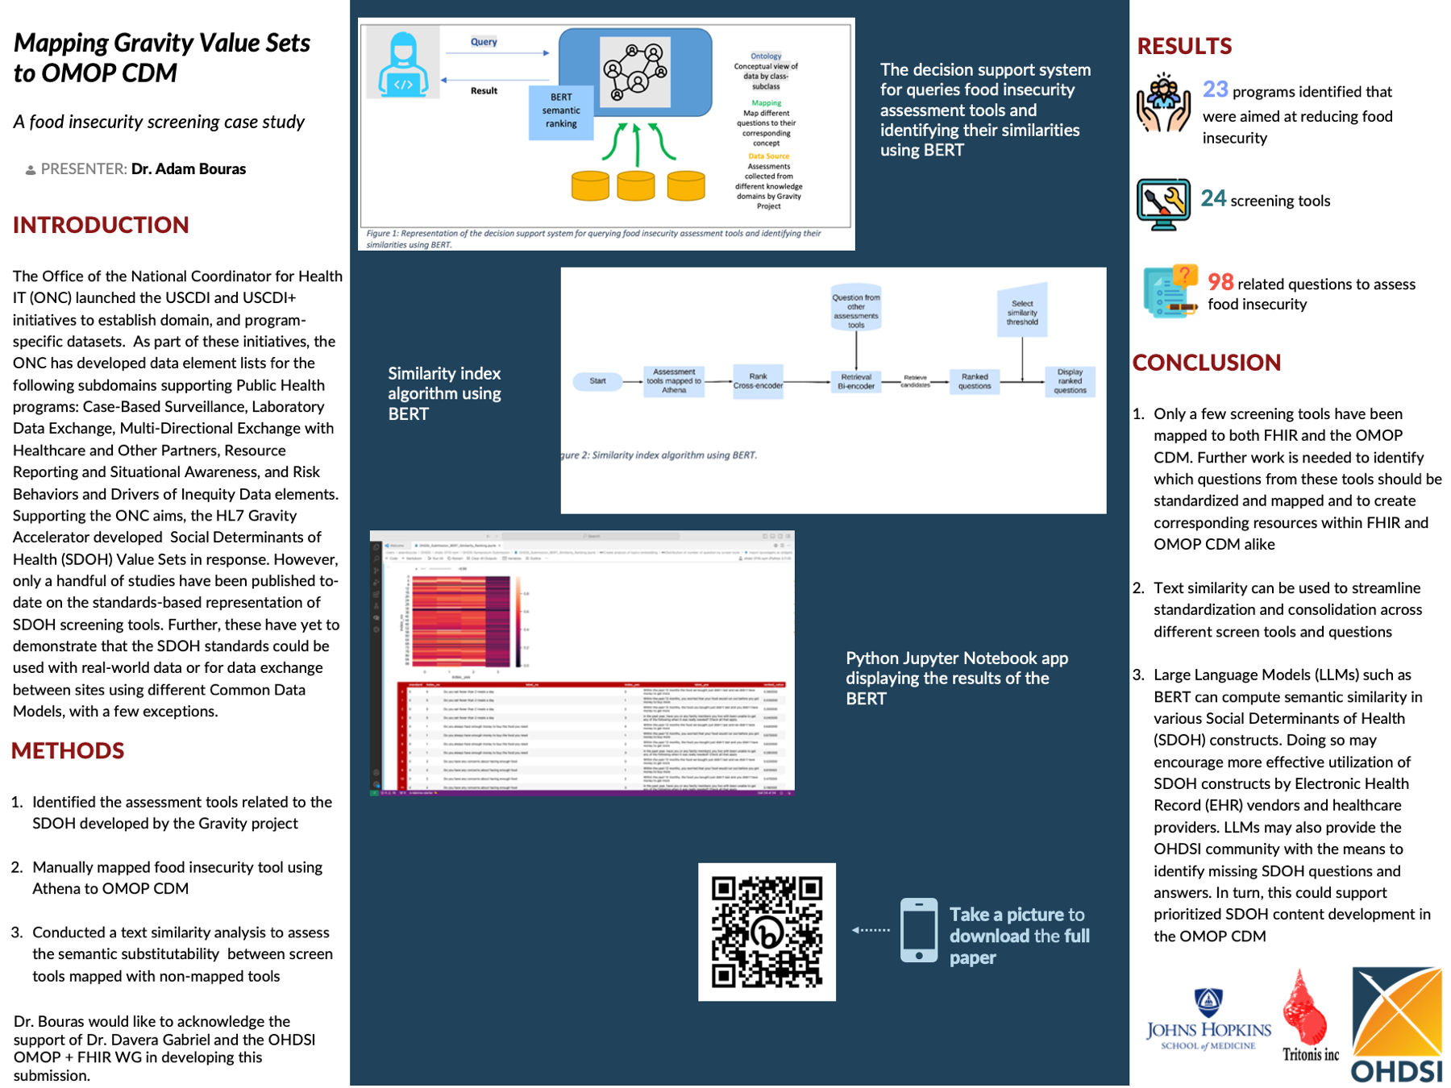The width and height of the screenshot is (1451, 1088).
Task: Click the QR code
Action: (767, 932)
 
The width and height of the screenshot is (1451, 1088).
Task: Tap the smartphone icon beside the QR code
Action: (919, 930)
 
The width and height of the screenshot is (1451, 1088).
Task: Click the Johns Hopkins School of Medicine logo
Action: (1208, 1019)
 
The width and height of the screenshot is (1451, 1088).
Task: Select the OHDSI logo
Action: (1397, 1025)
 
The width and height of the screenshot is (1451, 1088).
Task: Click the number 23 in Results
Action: (1215, 89)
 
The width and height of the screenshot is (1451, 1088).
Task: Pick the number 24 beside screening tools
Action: (1213, 198)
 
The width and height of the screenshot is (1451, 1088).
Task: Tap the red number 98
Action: (1220, 282)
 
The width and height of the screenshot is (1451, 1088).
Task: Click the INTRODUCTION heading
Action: (101, 225)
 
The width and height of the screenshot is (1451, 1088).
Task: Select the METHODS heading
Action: (68, 751)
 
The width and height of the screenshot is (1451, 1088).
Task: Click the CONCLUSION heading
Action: (1206, 363)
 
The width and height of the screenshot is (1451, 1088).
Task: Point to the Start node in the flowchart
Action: (597, 381)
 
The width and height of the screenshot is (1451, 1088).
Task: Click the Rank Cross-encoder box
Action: (758, 381)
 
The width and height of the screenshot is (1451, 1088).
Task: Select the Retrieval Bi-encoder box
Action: (856, 381)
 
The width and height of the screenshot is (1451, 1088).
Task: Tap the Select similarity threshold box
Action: (1022, 312)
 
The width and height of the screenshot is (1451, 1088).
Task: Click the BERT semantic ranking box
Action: (561, 110)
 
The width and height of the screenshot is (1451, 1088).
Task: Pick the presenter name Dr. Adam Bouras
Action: (189, 169)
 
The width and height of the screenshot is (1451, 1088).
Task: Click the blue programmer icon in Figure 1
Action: (403, 64)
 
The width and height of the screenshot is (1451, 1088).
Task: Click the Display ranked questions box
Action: (1070, 381)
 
